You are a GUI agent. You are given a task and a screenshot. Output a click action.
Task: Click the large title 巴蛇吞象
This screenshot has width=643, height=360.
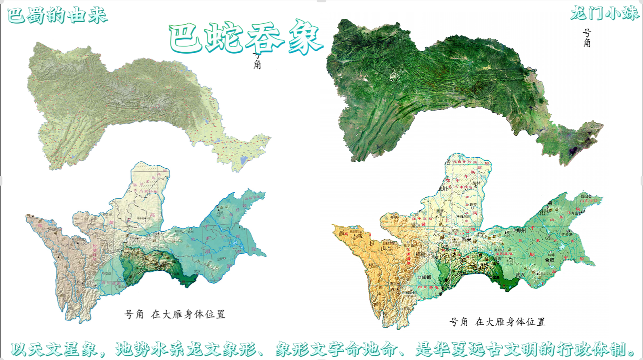[x=246, y=38]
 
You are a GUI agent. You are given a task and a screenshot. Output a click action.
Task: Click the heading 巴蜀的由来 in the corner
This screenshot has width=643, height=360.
[x=57, y=15]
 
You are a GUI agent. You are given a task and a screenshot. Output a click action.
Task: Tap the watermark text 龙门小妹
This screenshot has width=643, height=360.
[x=604, y=13]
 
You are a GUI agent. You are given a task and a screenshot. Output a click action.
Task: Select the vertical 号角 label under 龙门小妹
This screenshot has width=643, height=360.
[x=587, y=38]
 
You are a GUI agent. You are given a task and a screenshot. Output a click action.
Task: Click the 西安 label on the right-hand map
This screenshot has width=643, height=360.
[x=466, y=240]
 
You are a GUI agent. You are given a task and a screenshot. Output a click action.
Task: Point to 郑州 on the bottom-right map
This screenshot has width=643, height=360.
[x=521, y=231]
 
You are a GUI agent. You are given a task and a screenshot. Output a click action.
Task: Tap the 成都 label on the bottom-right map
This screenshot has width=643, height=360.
[x=427, y=277]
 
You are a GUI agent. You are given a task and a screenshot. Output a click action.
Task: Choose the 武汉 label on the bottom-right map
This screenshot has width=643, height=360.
[x=520, y=275]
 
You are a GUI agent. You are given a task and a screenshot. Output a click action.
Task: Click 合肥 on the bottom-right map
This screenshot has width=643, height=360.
[x=549, y=260]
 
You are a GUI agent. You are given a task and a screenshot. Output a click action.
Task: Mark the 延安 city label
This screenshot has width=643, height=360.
[x=473, y=205]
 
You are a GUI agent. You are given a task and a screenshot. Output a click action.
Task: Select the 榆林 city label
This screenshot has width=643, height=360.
[x=477, y=183]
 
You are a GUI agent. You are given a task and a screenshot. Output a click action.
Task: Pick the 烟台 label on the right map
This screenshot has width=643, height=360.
[x=584, y=196]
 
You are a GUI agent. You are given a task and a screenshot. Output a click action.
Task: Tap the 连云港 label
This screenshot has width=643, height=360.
[x=567, y=234]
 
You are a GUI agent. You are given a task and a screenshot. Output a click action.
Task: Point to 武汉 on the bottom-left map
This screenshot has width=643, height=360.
[x=198, y=272]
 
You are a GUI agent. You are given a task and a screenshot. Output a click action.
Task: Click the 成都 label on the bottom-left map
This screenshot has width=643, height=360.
[x=107, y=273]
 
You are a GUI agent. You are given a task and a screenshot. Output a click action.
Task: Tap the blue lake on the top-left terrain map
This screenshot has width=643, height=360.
[x=243, y=160]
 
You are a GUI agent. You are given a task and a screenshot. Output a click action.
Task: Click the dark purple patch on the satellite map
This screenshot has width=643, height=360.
[x=573, y=151]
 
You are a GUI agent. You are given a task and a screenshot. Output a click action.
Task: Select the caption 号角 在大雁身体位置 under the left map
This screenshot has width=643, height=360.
[x=174, y=314]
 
